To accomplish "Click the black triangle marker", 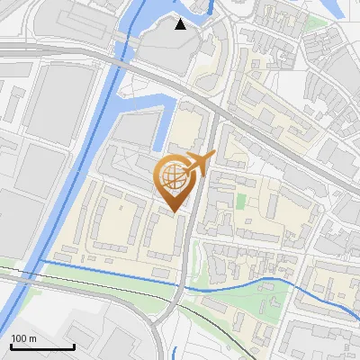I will (181, 23).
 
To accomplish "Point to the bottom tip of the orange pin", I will (175, 212).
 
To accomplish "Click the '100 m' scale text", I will (23, 337).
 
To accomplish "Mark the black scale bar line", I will (42, 346).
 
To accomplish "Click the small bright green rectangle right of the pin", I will (240, 199).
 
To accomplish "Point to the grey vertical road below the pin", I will (184, 261).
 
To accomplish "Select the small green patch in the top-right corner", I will (315, 22).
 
